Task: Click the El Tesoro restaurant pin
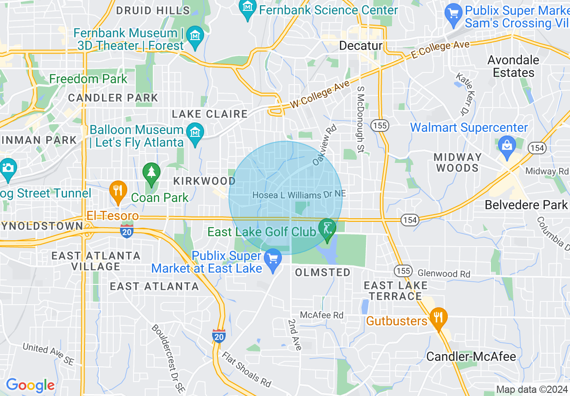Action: (118, 192)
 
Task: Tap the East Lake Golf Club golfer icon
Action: (327, 228)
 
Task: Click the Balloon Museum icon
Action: (196, 134)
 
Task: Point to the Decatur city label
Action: (361, 46)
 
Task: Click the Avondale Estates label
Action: (513, 66)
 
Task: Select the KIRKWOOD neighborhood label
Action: (205, 181)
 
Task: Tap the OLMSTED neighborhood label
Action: (323, 272)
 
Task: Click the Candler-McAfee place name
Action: (471, 357)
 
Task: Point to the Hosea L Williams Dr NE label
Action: (299, 195)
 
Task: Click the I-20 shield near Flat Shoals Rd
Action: (219, 335)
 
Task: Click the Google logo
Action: (30, 385)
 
